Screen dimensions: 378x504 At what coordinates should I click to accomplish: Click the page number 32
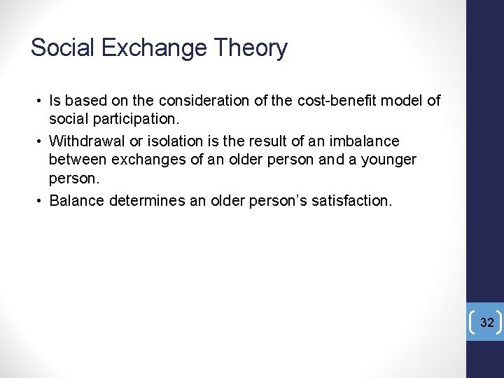pos(486,323)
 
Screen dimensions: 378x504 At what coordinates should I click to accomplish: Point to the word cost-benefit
pos(336,101)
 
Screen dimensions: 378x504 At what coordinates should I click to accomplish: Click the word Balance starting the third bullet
pos(76,201)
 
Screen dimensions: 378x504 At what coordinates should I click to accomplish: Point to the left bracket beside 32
pos(474,323)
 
